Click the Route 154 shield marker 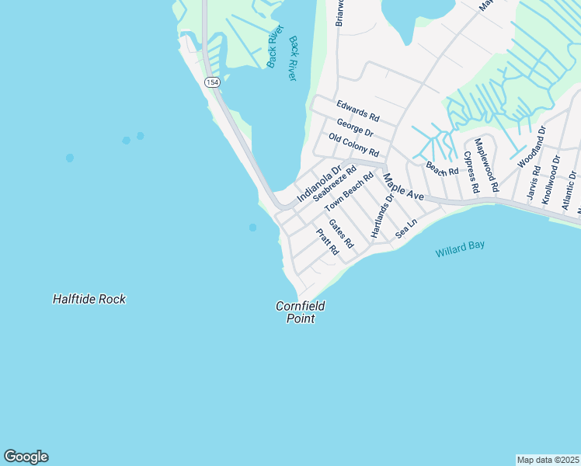(x=211, y=82)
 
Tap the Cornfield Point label (x=300, y=312)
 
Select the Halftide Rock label (x=89, y=299)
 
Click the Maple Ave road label (x=402, y=187)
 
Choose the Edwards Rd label (x=357, y=110)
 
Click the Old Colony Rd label (x=353, y=144)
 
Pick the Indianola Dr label (x=318, y=185)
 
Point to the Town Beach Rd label (x=350, y=193)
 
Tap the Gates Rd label (x=341, y=234)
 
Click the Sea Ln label (x=406, y=228)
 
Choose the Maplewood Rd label (x=487, y=165)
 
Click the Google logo (x=26, y=457)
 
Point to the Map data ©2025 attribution (x=548, y=459)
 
